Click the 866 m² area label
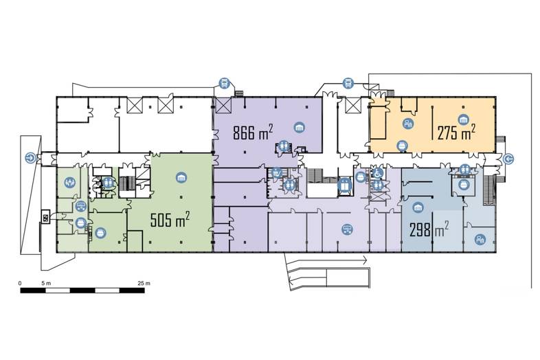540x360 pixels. point(253,133)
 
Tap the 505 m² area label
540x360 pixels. point(170,219)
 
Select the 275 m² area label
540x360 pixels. point(456,132)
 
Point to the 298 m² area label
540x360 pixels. point(429,229)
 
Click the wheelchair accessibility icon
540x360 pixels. point(378,173)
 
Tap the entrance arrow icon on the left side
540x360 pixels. point(31,158)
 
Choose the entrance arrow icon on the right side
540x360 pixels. point(508,159)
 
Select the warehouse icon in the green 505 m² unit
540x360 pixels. point(181,177)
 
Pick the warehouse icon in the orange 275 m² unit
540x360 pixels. point(463,120)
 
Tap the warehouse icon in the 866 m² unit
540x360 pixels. point(300,128)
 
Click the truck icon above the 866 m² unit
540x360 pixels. point(224,83)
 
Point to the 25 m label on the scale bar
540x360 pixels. point(144,284)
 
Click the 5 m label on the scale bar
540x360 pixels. point(46,284)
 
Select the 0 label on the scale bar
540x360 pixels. point(20,284)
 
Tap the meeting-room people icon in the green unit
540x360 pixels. point(70,181)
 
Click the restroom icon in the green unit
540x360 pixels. point(108,182)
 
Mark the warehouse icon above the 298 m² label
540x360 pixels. point(418,207)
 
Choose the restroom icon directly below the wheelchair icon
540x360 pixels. point(378,185)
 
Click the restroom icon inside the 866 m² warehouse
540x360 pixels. point(284,146)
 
